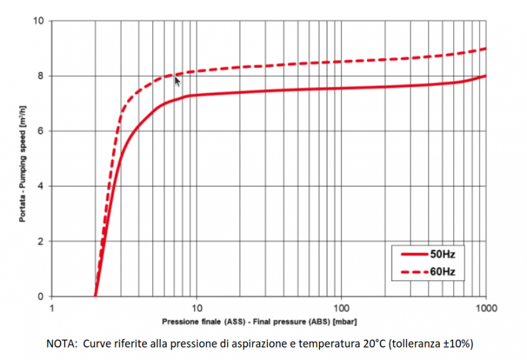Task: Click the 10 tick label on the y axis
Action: point(39,20)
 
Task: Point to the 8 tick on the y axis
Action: point(41,76)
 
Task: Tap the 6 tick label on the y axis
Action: point(41,131)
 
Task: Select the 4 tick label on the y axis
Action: point(41,186)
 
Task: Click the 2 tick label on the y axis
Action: point(41,241)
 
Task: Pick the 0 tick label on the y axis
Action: point(41,297)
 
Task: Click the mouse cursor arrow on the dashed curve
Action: point(177,80)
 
